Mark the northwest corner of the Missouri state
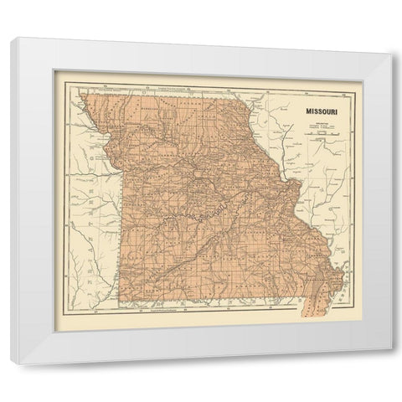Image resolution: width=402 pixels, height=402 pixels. click(84, 95)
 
